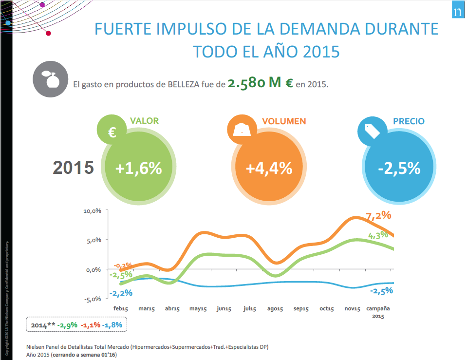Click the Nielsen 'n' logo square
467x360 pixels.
pyautogui.click(x=457, y=12)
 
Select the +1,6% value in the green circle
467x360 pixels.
pyautogui.click(x=138, y=168)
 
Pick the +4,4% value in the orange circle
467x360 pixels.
pyautogui.click(x=269, y=168)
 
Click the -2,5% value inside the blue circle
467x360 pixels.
pyautogui.click(x=399, y=168)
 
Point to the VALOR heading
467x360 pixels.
pyautogui.click(x=144, y=121)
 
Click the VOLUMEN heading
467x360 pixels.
pyautogui.click(x=284, y=121)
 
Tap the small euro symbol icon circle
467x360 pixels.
pyautogui.click(x=112, y=132)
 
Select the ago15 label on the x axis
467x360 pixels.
pyautogui.click(x=275, y=309)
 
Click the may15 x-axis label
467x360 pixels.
pyautogui.click(x=198, y=309)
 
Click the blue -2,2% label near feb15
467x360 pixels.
pyautogui.click(x=121, y=293)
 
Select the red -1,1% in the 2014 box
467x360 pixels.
pyautogui.click(x=91, y=324)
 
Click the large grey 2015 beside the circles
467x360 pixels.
pyautogui.click(x=73, y=168)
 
